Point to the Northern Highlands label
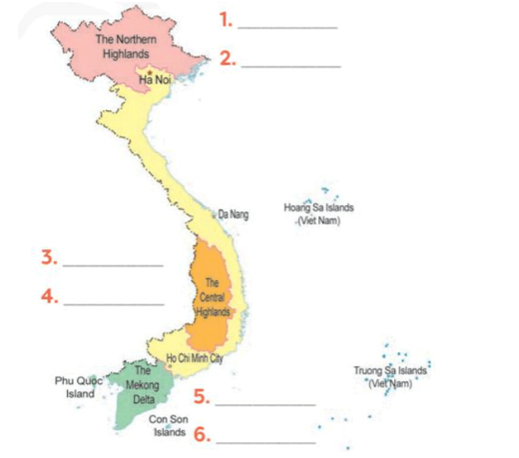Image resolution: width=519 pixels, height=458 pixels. pyautogui.click(x=126, y=44)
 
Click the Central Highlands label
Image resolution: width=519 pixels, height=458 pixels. pyautogui.click(x=211, y=296)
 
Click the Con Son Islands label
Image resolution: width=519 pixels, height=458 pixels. pyautogui.click(x=170, y=426)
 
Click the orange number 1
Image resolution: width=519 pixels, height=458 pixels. pyautogui.click(x=227, y=19)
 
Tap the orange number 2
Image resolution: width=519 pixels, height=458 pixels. pyautogui.click(x=228, y=59)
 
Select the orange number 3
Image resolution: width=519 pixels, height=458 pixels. pyautogui.click(x=48, y=257)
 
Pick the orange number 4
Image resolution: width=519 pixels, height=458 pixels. pyautogui.click(x=48, y=296)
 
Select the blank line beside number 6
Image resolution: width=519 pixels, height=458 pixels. pyautogui.click(x=265, y=442)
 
